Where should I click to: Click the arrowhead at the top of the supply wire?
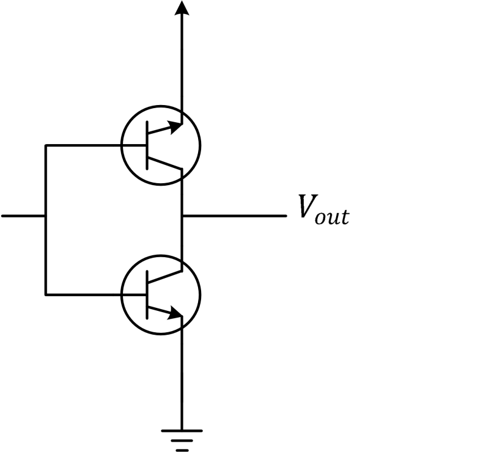[x=182, y=7]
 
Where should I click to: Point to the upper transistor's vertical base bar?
[x=147, y=145]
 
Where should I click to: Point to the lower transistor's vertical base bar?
[x=147, y=294]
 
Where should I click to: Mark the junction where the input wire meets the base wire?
[x=45, y=216]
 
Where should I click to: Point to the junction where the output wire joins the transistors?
[x=182, y=216]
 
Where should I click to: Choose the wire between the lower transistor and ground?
[x=182, y=379]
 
